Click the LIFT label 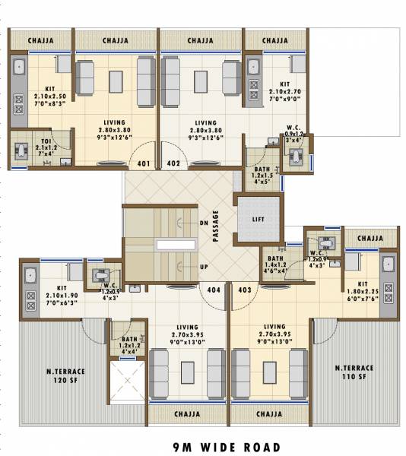258,219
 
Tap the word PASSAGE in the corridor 216,226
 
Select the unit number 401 143,163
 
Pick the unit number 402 173,163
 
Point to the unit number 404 214,290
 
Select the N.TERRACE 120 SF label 65,375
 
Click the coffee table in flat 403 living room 269,372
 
